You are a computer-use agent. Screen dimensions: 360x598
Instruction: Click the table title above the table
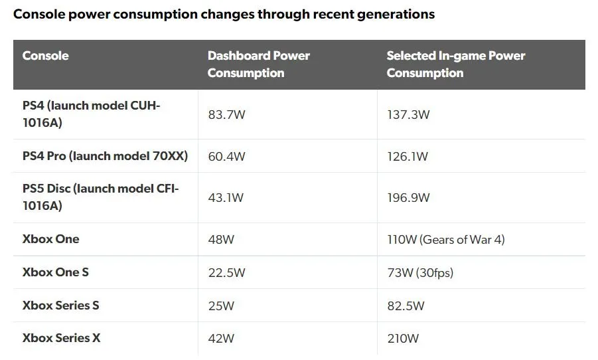[x=224, y=14]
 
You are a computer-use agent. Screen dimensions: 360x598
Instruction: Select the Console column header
[x=45, y=56]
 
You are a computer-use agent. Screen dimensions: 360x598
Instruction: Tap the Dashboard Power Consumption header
[x=258, y=64]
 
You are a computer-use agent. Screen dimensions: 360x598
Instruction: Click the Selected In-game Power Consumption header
[x=455, y=64]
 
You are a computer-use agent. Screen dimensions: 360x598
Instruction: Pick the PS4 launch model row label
[x=92, y=114]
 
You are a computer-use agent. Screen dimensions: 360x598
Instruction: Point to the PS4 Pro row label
[x=105, y=156]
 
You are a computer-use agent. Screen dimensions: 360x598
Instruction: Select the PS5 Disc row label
[x=100, y=197]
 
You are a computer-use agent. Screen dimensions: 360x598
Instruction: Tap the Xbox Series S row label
[x=61, y=306]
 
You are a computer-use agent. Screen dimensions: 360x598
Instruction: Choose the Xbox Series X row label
[x=62, y=338]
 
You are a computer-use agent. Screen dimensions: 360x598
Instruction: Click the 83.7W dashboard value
[x=226, y=114]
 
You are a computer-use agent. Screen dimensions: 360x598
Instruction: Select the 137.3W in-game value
[x=408, y=114]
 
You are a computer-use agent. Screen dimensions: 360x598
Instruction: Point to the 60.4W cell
[x=226, y=157]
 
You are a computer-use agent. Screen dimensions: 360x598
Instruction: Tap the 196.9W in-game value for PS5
[x=408, y=197]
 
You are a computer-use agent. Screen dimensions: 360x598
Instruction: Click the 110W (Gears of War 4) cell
[x=445, y=239]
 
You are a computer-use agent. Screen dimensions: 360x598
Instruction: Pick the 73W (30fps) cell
[x=419, y=272]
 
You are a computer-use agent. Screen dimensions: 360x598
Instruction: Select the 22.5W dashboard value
[x=226, y=272]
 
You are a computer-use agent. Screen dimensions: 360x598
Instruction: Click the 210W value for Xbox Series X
[x=403, y=339]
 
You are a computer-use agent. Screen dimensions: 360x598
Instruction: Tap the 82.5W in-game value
[x=406, y=306]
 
